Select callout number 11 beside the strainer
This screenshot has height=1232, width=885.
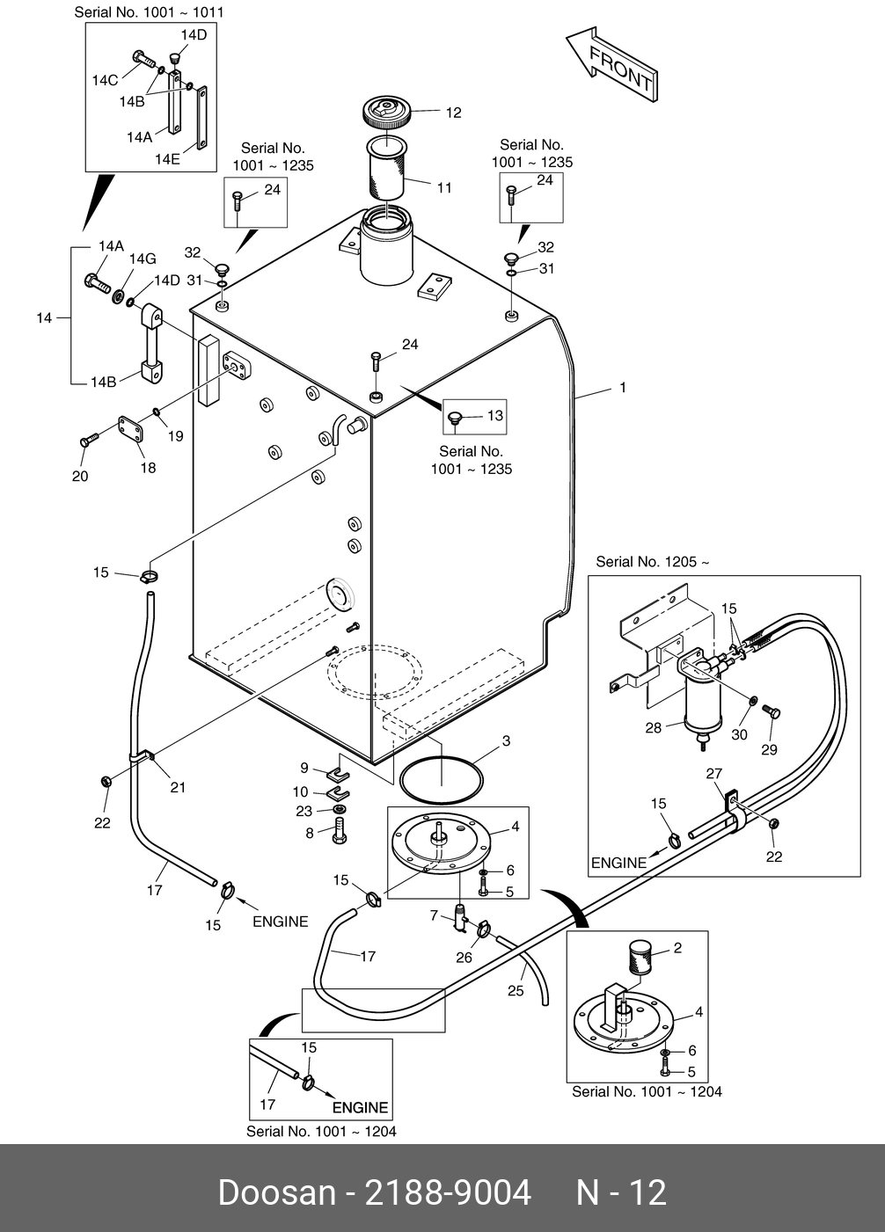point(444,187)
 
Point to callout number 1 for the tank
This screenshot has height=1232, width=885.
point(623,387)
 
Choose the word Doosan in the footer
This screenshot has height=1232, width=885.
point(276,1192)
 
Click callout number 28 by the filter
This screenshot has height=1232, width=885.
point(654,728)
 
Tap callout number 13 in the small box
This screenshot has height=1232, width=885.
point(495,415)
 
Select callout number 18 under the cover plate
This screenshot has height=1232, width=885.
point(148,468)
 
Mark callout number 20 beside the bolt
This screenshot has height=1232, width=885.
point(80,477)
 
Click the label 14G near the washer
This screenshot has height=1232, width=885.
point(143,259)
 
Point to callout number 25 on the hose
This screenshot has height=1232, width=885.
point(516,990)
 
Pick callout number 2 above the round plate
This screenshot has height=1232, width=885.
point(677,948)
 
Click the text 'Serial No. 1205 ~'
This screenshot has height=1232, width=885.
point(652,562)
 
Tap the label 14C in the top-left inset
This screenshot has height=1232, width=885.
point(105,80)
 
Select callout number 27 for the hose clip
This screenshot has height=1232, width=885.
point(714,774)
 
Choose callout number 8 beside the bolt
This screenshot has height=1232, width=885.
point(310,832)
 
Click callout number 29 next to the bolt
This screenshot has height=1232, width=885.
point(770,749)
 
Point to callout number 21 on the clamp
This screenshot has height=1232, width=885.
point(178,787)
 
